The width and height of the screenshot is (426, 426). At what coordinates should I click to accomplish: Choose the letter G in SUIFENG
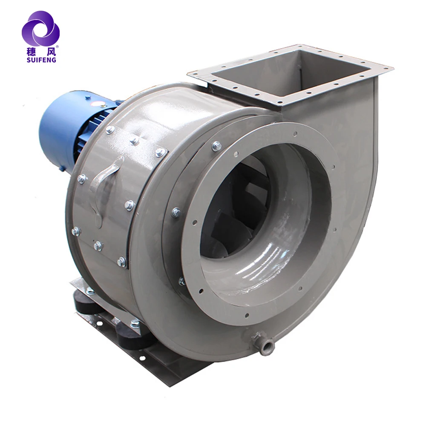54,60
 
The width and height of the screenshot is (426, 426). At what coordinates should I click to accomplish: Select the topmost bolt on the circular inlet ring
216,146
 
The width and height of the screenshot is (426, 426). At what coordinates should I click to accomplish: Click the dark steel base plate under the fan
170,366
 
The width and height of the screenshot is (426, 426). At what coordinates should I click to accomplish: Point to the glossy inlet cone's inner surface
273,264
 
